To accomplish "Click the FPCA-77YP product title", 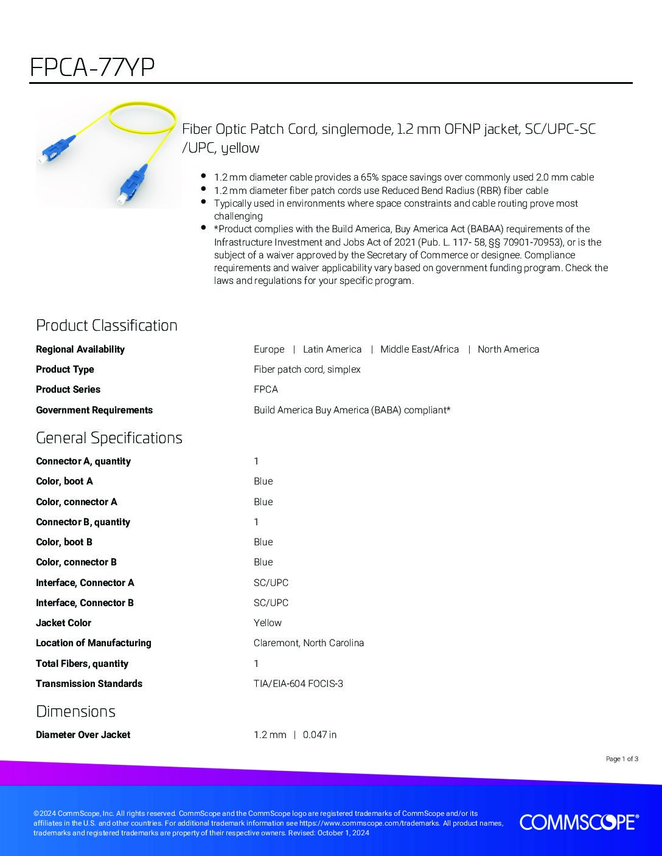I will (92, 67).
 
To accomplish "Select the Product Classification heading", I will (106, 325).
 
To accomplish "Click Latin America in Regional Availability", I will (332, 349).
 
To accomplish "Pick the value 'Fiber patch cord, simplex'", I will (307, 369).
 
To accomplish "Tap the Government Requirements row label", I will (94, 410).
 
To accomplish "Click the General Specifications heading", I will (109, 438).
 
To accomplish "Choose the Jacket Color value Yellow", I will (268, 623).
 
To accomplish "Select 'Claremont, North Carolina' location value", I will (308, 643).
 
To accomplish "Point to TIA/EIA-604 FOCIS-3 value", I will (298, 683).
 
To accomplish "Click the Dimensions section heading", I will (75, 711).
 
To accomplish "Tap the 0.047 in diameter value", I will (319, 734).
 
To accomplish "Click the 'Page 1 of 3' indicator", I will (622, 759).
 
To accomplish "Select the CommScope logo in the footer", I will (579, 822).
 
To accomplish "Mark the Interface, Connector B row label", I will (85, 602).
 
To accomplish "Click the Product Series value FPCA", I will (266, 389).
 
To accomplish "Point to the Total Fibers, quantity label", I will (82, 663).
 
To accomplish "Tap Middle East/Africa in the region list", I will (419, 349).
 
